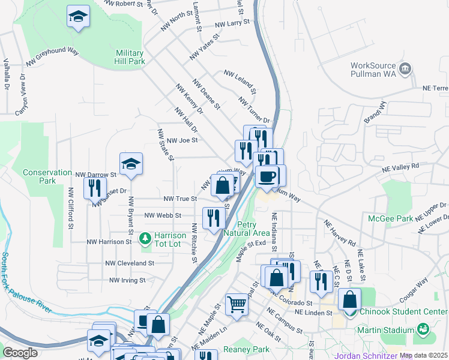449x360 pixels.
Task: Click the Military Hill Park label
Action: [130, 57]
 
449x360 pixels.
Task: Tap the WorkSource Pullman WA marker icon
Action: [406, 68]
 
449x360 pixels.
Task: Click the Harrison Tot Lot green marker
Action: [145, 239]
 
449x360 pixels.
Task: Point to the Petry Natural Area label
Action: [246, 229]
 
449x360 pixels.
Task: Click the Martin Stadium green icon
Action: [424, 329]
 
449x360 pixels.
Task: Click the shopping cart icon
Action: [237, 305]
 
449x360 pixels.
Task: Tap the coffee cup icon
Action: [267, 176]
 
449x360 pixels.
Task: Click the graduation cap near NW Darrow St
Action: [130, 164]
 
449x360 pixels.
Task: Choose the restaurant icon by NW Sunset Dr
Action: [95, 188]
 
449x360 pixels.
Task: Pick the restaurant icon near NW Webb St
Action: [214, 218]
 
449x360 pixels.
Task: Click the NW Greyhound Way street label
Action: [52, 56]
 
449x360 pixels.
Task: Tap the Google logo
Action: [20, 352]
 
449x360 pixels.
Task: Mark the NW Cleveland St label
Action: [130, 263]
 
